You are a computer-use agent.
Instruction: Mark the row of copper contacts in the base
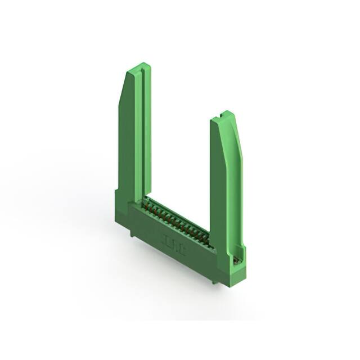tap(177, 219)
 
